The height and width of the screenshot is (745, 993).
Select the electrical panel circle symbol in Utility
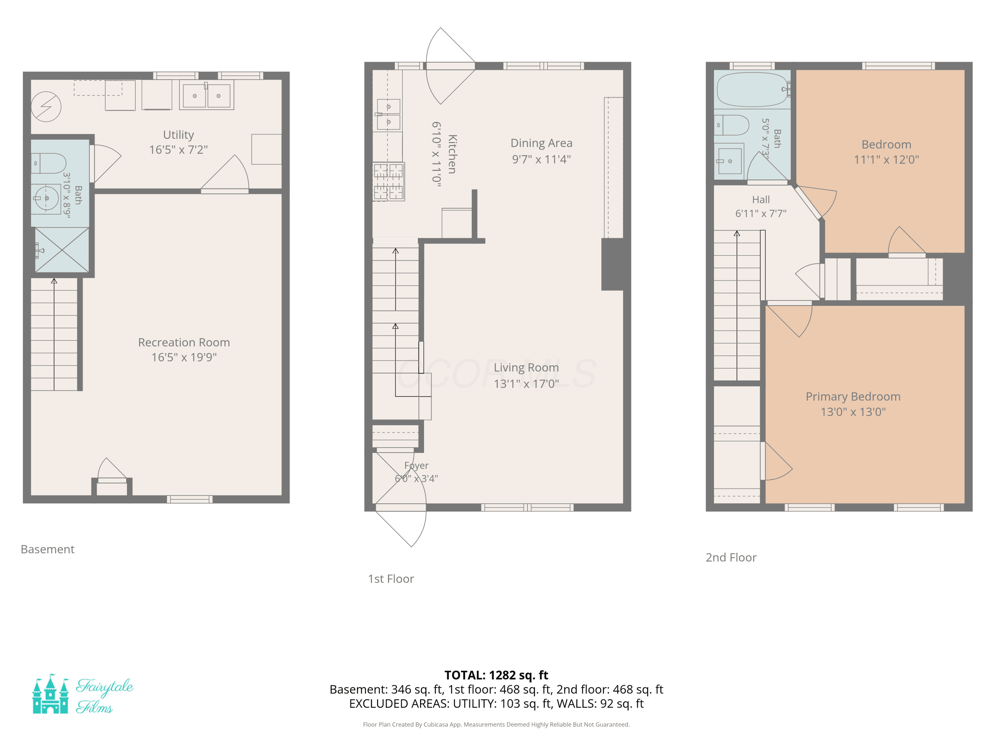click(x=46, y=107)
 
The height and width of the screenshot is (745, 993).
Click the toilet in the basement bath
click(x=49, y=164)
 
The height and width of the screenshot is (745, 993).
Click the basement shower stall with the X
click(x=62, y=250)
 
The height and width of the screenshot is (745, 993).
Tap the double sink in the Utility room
click(x=207, y=95)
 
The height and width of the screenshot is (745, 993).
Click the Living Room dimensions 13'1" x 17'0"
click(x=526, y=383)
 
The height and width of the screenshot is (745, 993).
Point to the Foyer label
click(x=416, y=465)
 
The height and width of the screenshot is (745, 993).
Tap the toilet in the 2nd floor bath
click(x=732, y=125)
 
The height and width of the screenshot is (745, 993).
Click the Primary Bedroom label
click(x=853, y=397)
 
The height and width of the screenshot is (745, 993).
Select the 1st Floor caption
click(x=391, y=579)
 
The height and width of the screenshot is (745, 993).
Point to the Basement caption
click(x=48, y=549)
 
